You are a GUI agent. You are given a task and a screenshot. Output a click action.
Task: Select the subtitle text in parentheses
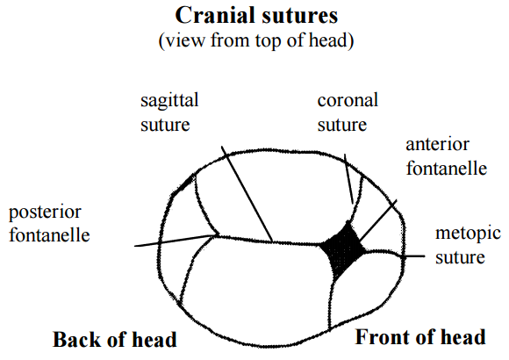256,40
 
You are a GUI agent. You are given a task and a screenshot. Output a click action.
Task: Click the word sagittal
169,101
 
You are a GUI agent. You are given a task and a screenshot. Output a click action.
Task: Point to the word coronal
348,100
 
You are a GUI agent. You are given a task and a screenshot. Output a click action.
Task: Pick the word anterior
437,144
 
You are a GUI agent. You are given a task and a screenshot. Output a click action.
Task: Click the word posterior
45,212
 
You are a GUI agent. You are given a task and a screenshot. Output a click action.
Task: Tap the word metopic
468,234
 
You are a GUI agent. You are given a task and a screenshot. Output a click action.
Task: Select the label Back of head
115,340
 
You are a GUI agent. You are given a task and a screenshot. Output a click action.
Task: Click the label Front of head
420,337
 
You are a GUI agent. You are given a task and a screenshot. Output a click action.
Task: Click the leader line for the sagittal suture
247,194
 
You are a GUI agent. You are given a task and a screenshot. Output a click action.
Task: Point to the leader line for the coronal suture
348,179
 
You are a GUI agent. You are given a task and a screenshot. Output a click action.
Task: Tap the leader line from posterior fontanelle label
176,241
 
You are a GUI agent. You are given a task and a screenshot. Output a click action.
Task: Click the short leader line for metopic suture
414,256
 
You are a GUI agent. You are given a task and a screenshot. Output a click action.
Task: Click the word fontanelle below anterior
447,169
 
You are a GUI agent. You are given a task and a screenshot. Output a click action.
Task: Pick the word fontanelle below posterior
49,235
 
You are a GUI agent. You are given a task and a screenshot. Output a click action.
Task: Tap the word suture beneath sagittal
165,125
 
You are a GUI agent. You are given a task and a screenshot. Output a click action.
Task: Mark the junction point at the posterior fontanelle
216,236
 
